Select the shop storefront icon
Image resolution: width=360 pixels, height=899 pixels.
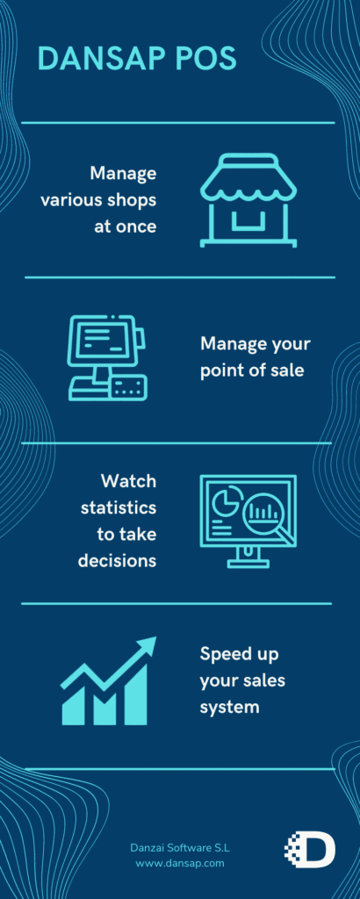click(x=248, y=200)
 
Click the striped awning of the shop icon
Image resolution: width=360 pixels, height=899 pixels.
click(x=248, y=177)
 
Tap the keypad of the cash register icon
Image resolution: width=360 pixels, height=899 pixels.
click(x=128, y=387)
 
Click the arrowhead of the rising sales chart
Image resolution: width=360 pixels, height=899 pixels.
click(x=147, y=644)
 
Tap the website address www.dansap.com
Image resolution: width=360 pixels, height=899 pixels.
click(x=180, y=862)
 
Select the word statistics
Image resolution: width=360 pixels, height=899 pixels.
click(x=119, y=507)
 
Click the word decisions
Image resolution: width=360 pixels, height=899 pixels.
click(x=118, y=560)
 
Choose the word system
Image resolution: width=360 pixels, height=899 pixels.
click(x=230, y=707)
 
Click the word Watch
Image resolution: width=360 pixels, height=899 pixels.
click(x=129, y=480)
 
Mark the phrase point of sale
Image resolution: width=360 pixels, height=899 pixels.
click(x=252, y=370)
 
